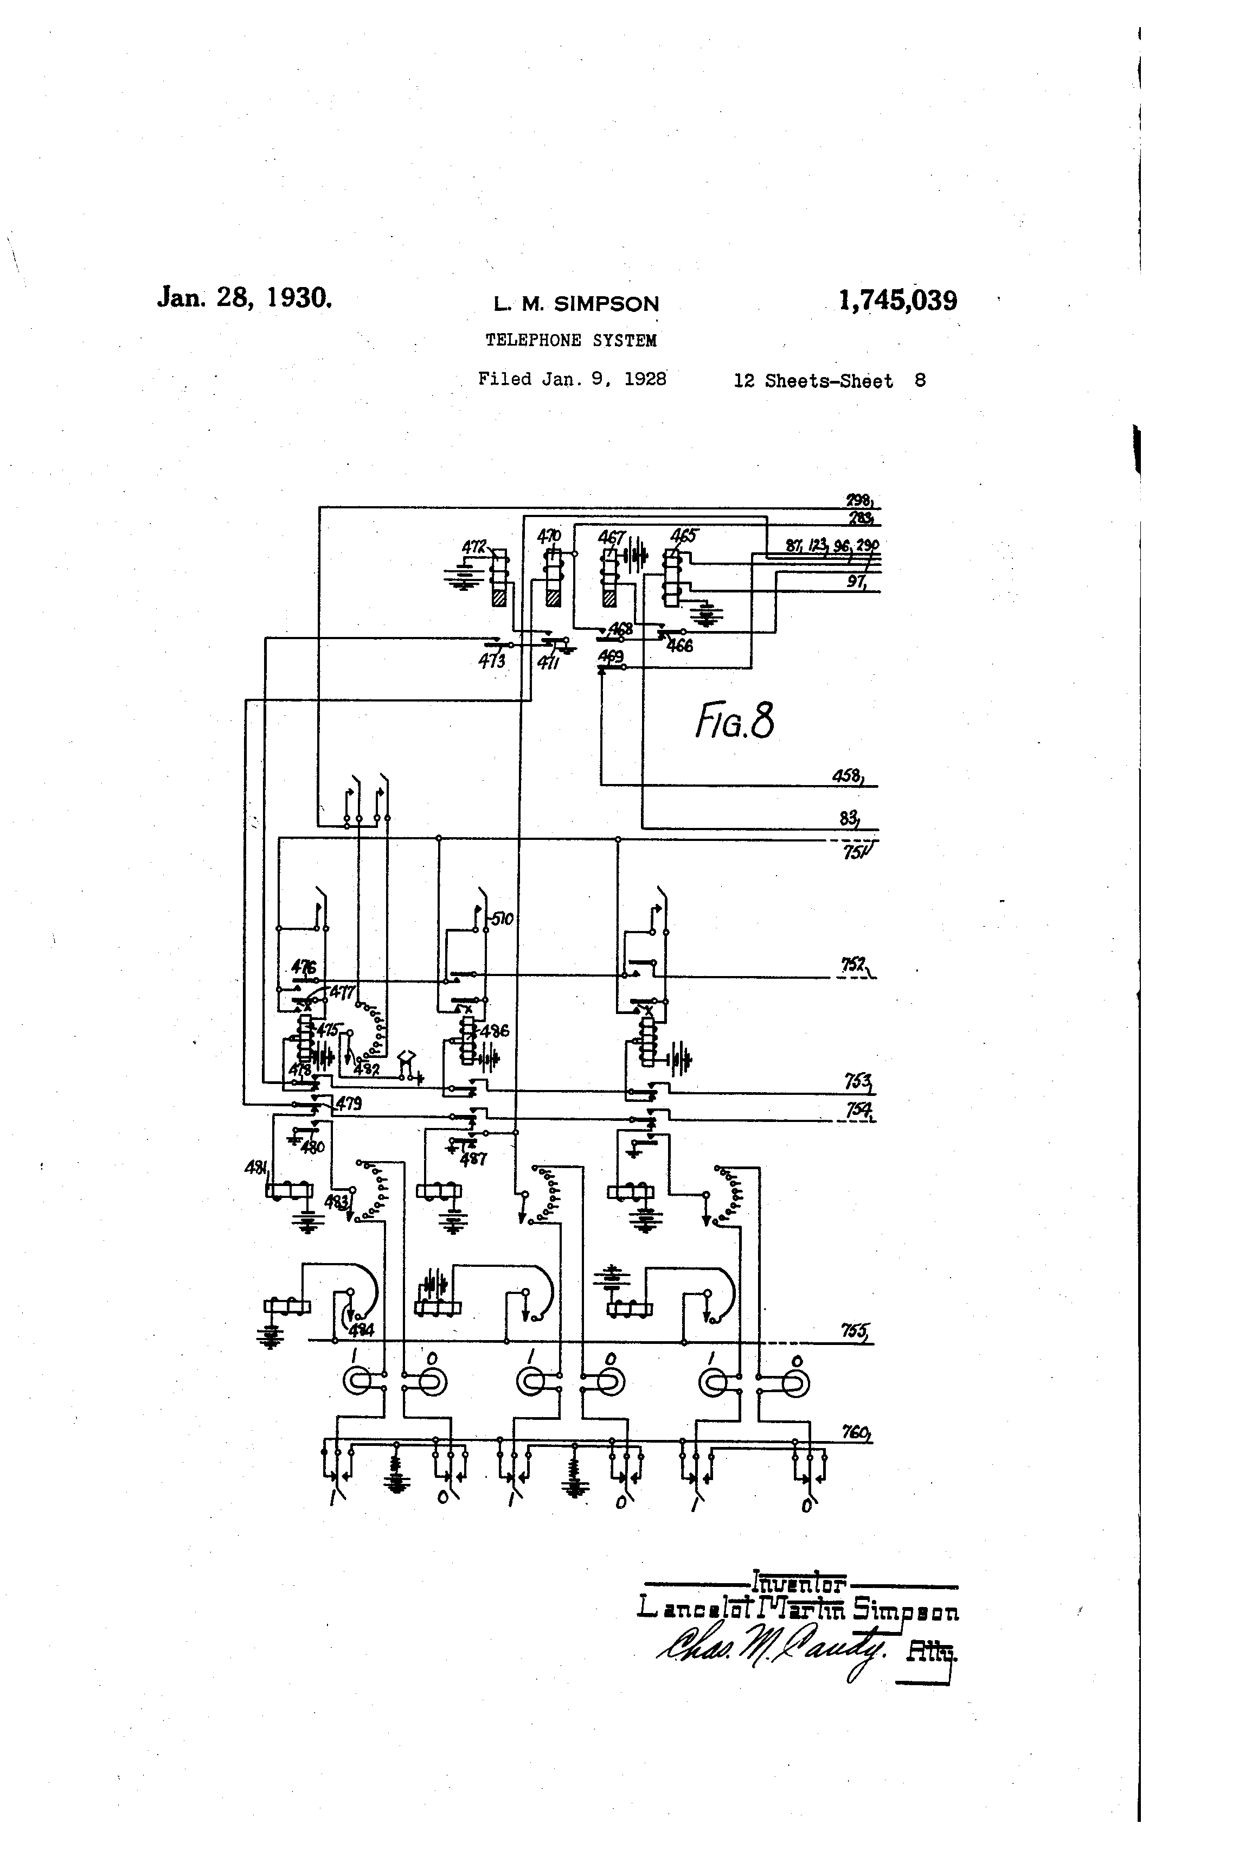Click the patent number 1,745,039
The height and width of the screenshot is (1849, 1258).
pyautogui.click(x=897, y=301)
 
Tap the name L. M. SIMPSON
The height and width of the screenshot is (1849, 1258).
pyautogui.click(x=576, y=303)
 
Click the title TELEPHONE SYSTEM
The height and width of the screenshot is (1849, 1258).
pyautogui.click(x=571, y=341)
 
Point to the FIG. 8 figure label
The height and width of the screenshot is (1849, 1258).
pyautogui.click(x=734, y=722)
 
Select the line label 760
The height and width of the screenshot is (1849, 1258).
pyautogui.click(x=856, y=1432)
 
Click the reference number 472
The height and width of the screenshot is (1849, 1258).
pyautogui.click(x=474, y=547)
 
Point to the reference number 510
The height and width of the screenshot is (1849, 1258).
pyautogui.click(x=502, y=920)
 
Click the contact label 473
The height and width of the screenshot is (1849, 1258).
pyautogui.click(x=491, y=660)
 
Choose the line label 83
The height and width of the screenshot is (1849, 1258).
pyautogui.click(x=848, y=817)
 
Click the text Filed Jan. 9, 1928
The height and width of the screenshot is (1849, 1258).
pyautogui.click(x=572, y=379)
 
